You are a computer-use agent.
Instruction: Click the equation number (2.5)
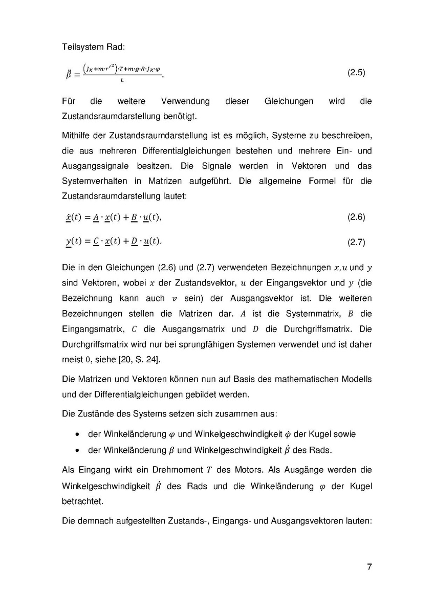point(356,73)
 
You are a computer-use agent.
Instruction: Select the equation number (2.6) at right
point(356,217)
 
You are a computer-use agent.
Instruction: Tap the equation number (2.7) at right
point(356,243)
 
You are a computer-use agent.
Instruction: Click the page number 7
point(370,567)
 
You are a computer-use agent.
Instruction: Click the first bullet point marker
point(77,434)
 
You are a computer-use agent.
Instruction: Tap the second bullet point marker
point(77,450)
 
